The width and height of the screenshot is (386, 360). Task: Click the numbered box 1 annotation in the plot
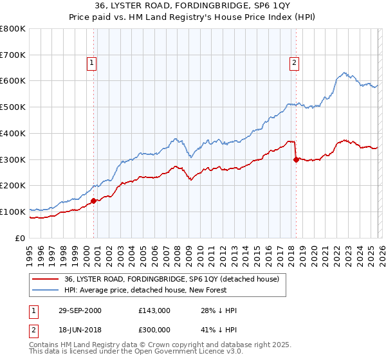[91, 62]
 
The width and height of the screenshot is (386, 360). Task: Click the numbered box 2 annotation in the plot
[294, 62]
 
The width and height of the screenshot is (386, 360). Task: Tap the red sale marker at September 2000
[94, 201]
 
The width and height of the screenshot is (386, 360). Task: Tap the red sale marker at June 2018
[296, 159]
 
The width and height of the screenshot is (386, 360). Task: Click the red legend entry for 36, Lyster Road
[171, 279]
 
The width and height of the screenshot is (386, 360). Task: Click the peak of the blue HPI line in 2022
[345, 73]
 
